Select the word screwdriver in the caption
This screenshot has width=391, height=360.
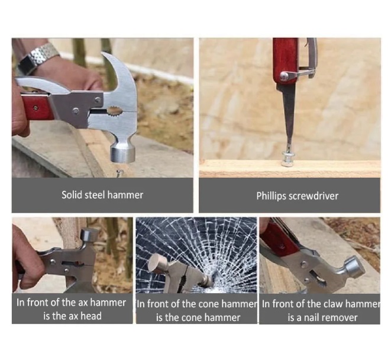click(x=314, y=196)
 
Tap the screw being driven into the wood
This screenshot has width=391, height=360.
click(x=287, y=159)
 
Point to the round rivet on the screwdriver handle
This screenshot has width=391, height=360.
click(x=283, y=76)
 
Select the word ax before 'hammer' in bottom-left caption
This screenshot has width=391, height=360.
click(x=83, y=303)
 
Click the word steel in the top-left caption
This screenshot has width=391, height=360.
click(x=95, y=195)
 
